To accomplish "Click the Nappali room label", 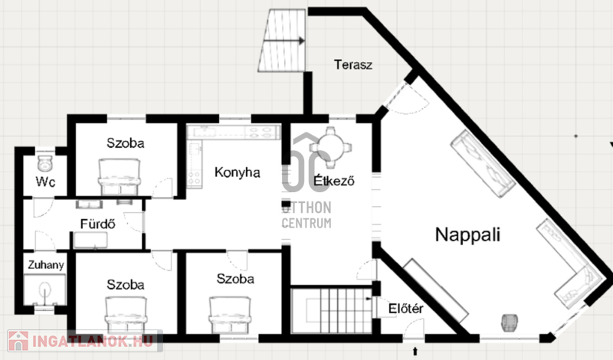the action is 467,235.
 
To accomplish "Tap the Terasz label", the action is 353,64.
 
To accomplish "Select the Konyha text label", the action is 238,172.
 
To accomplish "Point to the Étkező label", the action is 334,181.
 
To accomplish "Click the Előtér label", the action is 406,309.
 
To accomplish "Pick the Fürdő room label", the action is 98,224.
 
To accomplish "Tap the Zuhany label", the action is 46,265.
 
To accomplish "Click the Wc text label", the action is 45,182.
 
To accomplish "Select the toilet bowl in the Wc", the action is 45,163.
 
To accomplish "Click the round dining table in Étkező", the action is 330,147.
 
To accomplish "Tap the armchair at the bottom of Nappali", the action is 510,323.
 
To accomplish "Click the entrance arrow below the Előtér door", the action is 415,351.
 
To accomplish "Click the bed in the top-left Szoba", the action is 120,177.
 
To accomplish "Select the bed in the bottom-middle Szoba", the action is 230,316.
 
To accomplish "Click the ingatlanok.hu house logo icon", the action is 18,341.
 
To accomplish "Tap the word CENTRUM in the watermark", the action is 306,223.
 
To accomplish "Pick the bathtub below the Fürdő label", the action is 90,241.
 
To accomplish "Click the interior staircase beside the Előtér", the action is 332,311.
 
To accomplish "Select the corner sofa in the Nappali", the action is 572,266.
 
